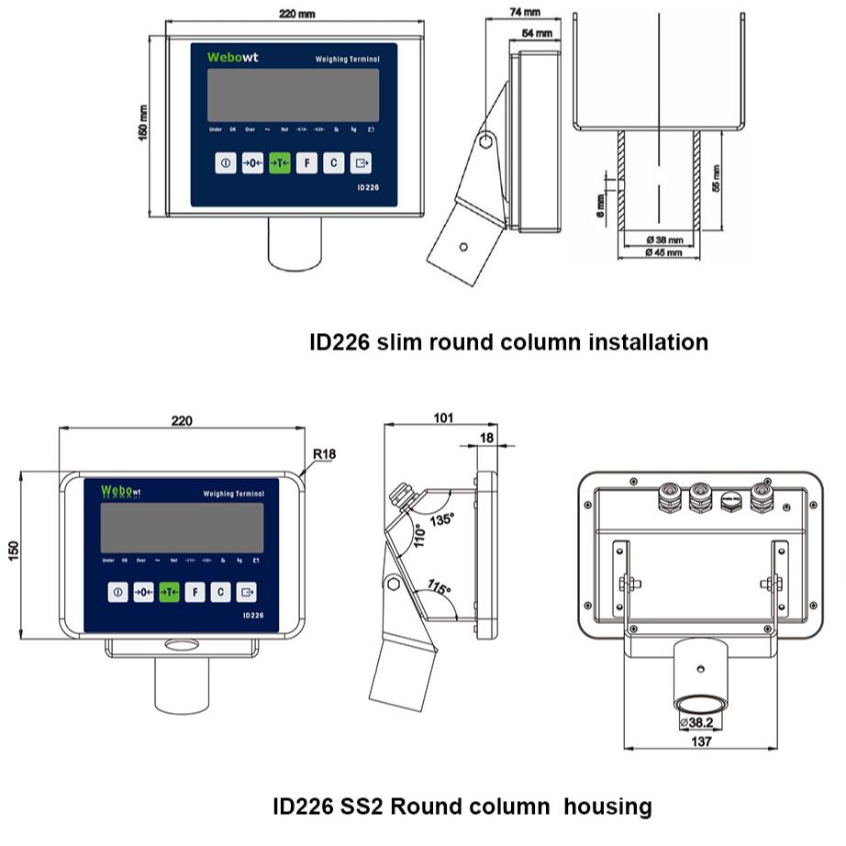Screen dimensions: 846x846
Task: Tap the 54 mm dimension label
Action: point(537,33)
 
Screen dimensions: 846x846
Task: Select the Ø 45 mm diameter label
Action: point(662,252)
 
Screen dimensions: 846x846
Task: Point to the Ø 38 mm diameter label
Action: point(662,240)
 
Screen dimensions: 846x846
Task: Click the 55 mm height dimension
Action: point(716,175)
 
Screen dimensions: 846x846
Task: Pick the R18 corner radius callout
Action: point(324,454)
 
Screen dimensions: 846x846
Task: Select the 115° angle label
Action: point(440,587)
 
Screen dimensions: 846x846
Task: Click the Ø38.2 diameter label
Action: point(699,722)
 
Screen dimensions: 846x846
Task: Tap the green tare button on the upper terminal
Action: point(280,164)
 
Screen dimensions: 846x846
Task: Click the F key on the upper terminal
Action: point(306,164)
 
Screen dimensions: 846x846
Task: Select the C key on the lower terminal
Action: point(220,593)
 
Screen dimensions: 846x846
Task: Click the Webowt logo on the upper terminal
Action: point(232,57)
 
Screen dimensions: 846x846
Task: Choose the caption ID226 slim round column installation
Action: point(508,342)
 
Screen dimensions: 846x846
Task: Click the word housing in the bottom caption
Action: point(607,807)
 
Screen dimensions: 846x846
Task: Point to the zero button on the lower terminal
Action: point(143,593)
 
